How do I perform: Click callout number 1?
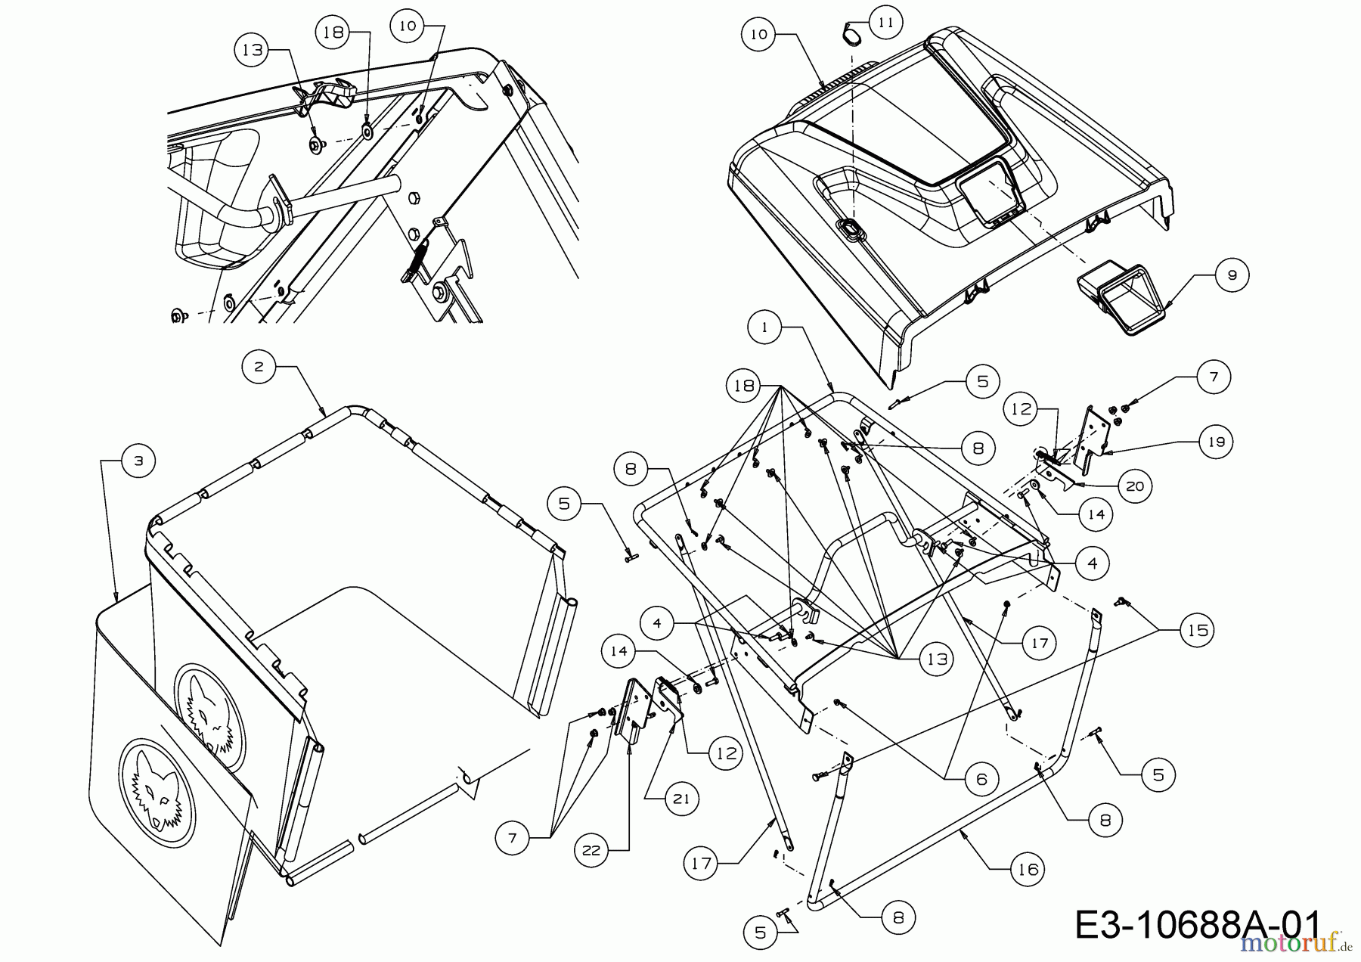[765, 327]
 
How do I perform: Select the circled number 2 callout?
[259, 367]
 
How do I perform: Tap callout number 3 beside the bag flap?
[138, 462]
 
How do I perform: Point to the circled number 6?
[981, 779]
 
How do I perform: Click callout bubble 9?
[1232, 275]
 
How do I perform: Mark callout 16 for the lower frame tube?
[1028, 870]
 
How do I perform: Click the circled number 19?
[1216, 442]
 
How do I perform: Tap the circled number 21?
[682, 799]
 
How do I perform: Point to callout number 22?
[591, 851]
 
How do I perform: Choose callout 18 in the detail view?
[336, 33]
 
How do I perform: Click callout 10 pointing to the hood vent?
[759, 35]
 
